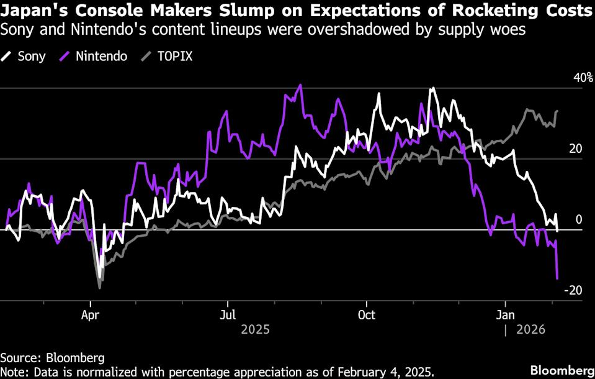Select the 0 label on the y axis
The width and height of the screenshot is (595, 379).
click(x=578, y=220)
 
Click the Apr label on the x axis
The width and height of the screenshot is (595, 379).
click(x=91, y=314)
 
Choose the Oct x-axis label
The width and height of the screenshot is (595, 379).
click(x=367, y=314)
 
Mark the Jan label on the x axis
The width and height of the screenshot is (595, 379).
click(x=506, y=314)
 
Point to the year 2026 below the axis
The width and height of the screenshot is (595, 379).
click(x=530, y=329)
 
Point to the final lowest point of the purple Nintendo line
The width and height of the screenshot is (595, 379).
click(x=557, y=278)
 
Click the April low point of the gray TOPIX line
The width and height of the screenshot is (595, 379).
click(x=99, y=288)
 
